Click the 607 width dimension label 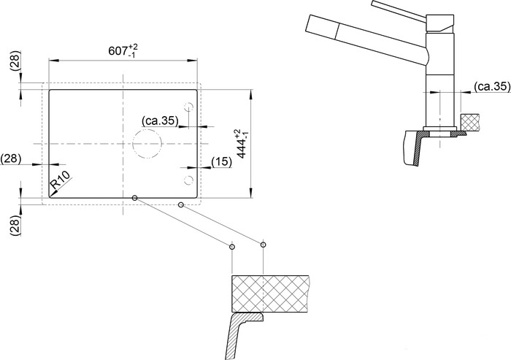tap(123, 51)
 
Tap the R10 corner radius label tap(61, 180)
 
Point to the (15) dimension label tap(222, 162)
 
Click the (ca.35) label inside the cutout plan tap(160, 121)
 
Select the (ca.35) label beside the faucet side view tap(492, 86)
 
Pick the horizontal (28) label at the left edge tap(11, 158)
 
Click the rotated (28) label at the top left tap(15, 61)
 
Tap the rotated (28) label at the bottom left tap(15, 226)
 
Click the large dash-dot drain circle tap(147, 129)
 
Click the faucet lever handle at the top tap(400, 9)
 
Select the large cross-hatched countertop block tap(270, 294)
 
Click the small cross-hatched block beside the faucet tap(469, 122)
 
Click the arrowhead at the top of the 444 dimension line tap(250, 93)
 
